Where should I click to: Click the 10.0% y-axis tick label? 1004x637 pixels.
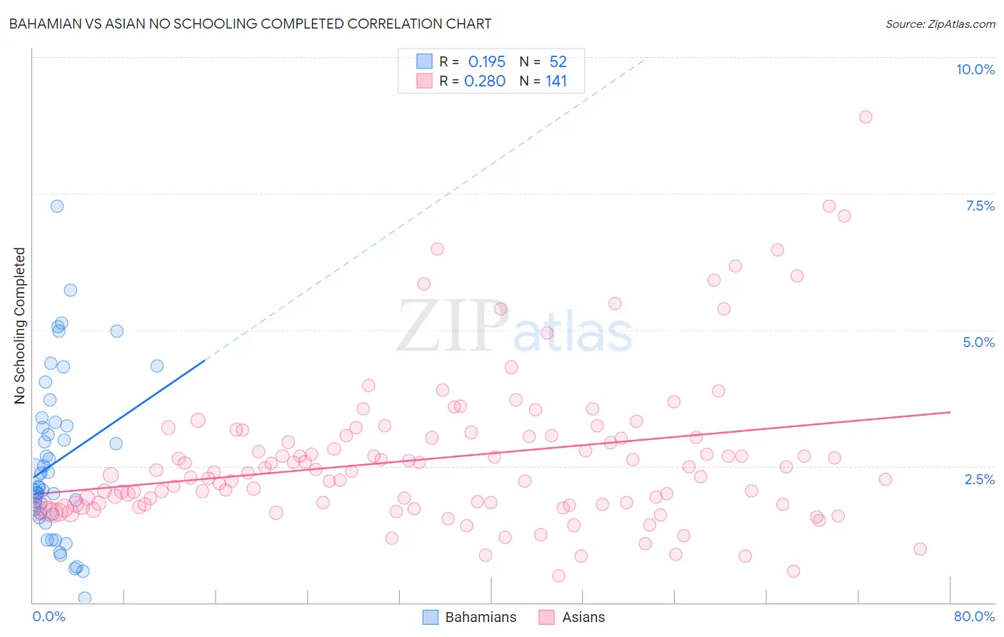[x=975, y=69]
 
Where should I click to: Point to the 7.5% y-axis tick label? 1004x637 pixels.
[x=980, y=206]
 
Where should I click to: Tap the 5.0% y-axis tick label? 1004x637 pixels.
[x=978, y=342]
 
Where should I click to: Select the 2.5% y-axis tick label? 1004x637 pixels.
[x=979, y=479]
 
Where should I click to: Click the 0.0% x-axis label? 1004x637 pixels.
[x=49, y=616]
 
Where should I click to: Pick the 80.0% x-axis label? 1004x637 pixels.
[x=974, y=616]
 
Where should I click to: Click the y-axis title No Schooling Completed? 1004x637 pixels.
[x=20, y=326]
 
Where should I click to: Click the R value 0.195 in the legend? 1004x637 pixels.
[x=486, y=62]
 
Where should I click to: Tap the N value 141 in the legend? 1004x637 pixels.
[x=556, y=81]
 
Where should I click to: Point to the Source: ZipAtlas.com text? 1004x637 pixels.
[x=940, y=24]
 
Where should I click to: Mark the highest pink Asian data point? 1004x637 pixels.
[x=865, y=117]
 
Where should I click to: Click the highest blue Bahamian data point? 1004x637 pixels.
[x=57, y=206]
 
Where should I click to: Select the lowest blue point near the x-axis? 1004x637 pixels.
[x=84, y=598]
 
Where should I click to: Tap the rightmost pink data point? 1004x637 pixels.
[x=920, y=549]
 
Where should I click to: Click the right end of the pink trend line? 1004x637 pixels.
[x=950, y=412]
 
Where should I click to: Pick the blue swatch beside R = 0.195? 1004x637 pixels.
[x=424, y=61]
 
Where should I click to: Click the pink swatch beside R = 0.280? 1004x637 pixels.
[x=424, y=81]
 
